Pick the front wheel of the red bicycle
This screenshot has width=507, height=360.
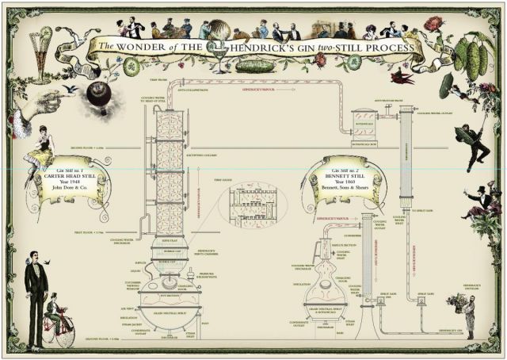click(66, 334)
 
